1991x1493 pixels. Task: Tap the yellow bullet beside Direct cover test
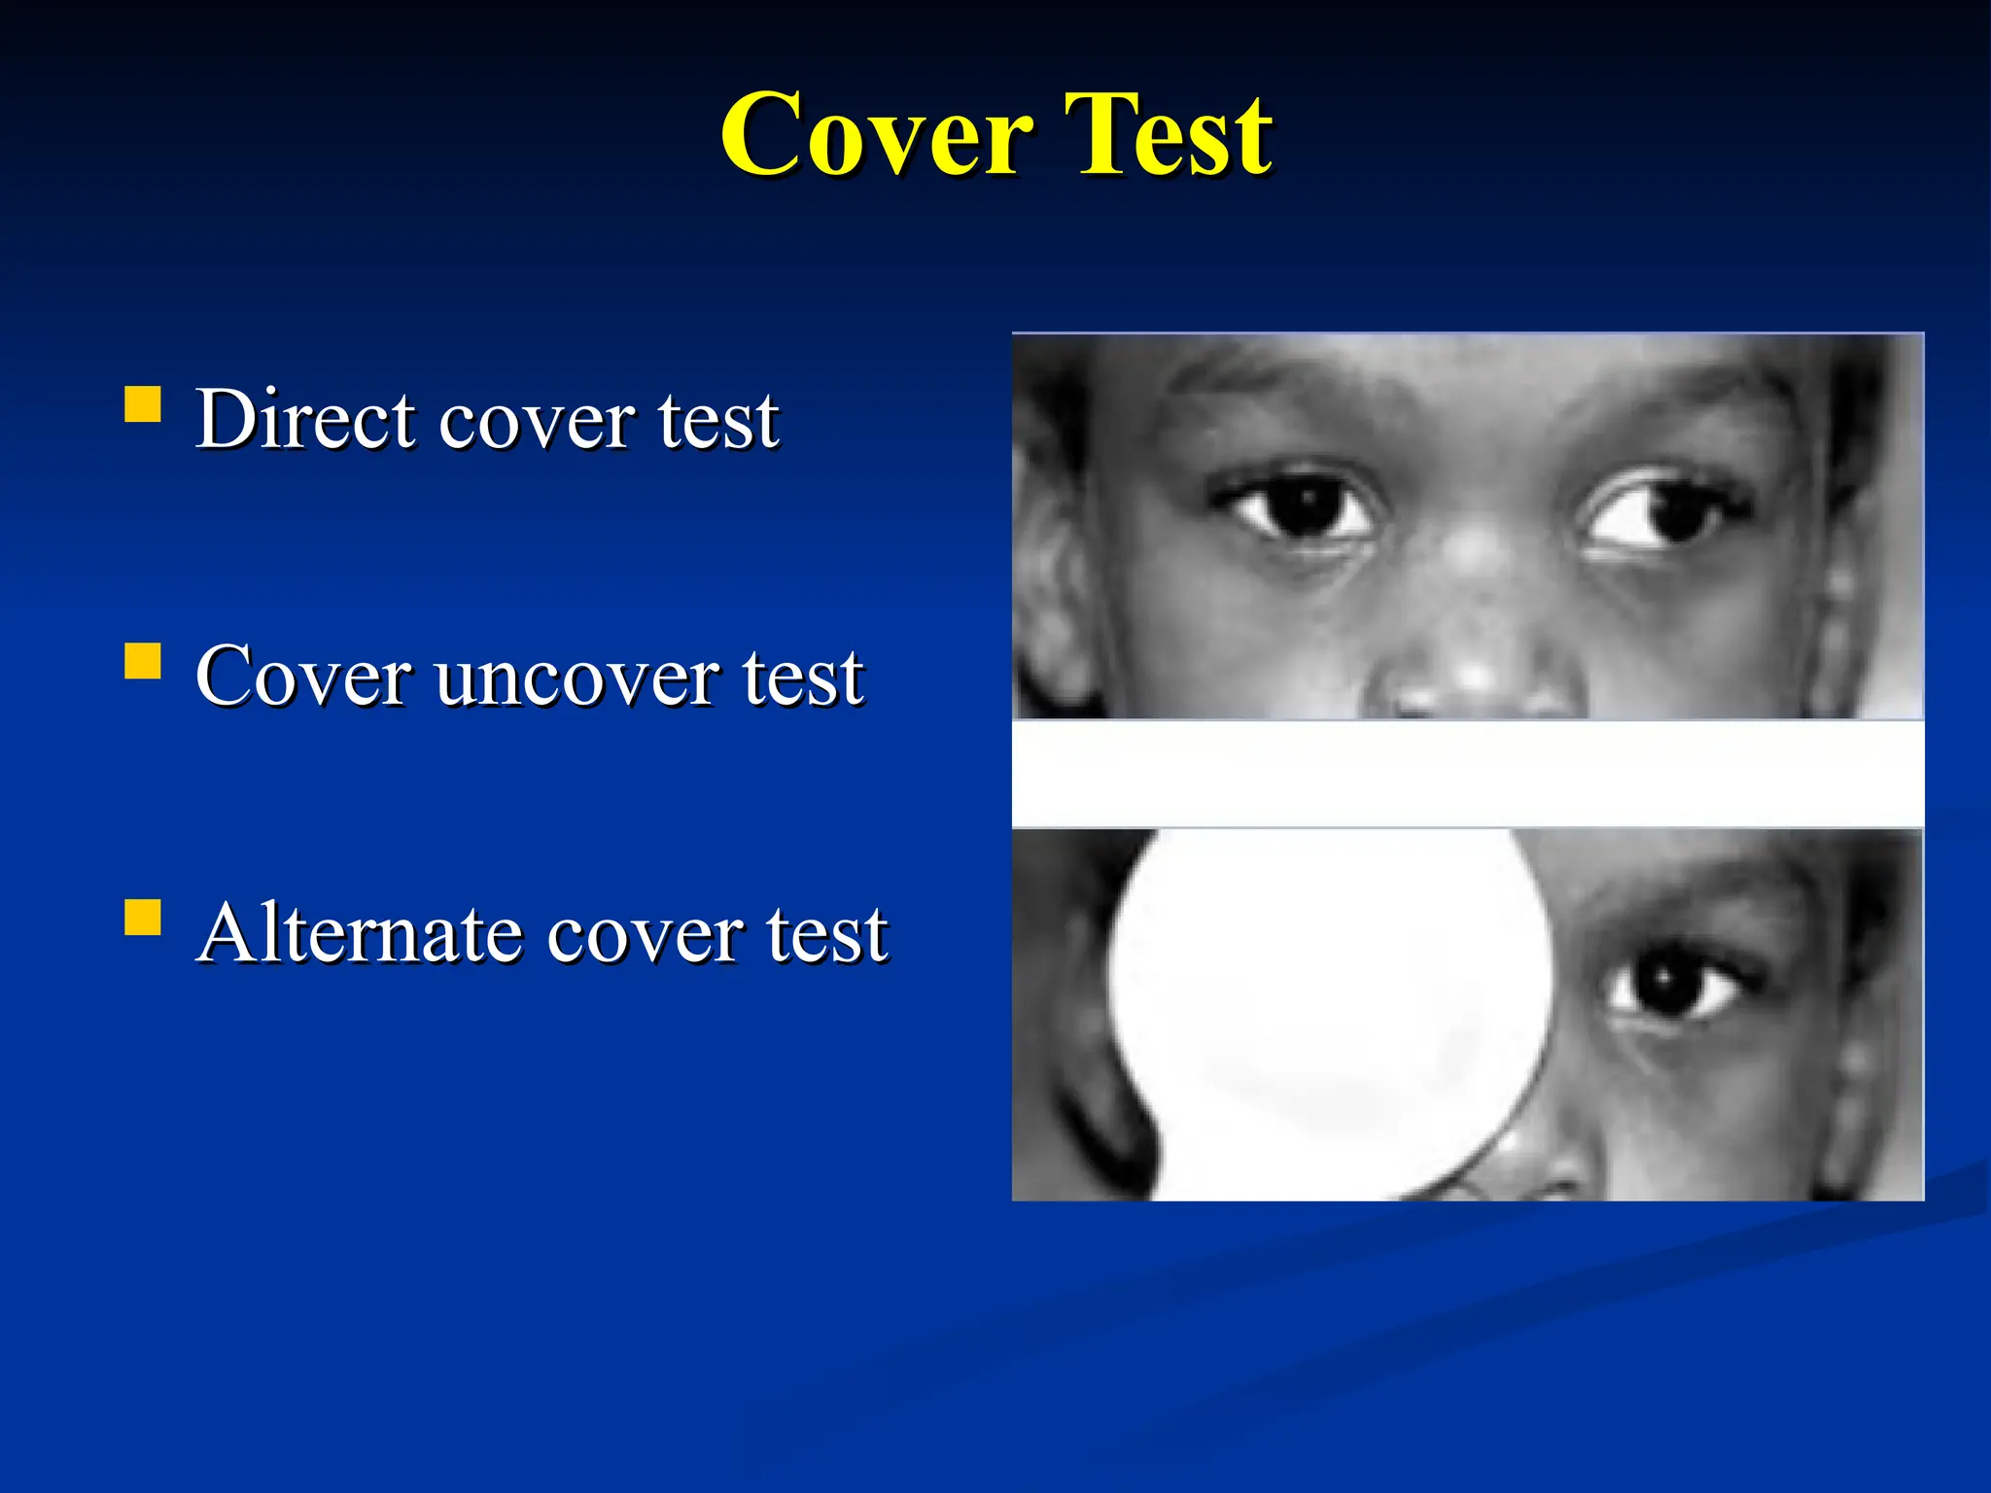143,404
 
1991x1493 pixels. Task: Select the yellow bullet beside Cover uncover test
143,661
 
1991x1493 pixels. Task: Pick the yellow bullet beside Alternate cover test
143,917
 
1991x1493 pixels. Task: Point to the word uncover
578,678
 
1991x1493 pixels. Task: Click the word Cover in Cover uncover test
302,677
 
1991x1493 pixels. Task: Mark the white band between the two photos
1468,774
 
